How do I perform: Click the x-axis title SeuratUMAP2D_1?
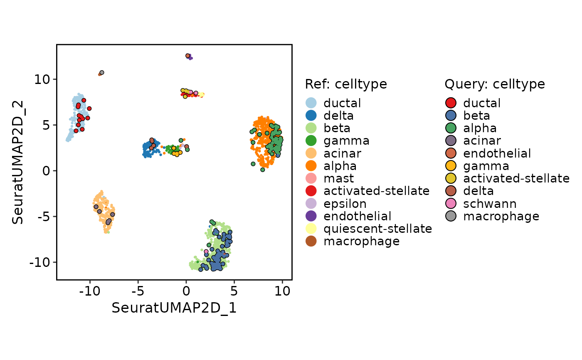[174, 308]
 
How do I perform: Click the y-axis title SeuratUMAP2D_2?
[17, 163]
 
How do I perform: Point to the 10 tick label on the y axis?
[42, 79]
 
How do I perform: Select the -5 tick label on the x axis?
[138, 291]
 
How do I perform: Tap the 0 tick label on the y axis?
[46, 171]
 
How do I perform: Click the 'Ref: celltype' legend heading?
[346, 84]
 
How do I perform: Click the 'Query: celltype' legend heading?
[495, 84]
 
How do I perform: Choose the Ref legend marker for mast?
[311, 178]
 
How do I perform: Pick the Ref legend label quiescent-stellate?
[377, 229]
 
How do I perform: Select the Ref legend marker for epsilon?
[311, 204]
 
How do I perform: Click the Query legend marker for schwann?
[451, 204]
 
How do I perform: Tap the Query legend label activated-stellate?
[516, 178]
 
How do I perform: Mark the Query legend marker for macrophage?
[451, 216]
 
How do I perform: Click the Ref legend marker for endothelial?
[311, 216]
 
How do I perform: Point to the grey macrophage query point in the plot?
[102, 72]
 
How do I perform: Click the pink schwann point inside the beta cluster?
[206, 252]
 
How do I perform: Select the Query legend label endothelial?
[497, 153]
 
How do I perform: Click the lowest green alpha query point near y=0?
[262, 170]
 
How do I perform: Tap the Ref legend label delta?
[338, 116]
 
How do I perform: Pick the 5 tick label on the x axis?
[234, 291]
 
